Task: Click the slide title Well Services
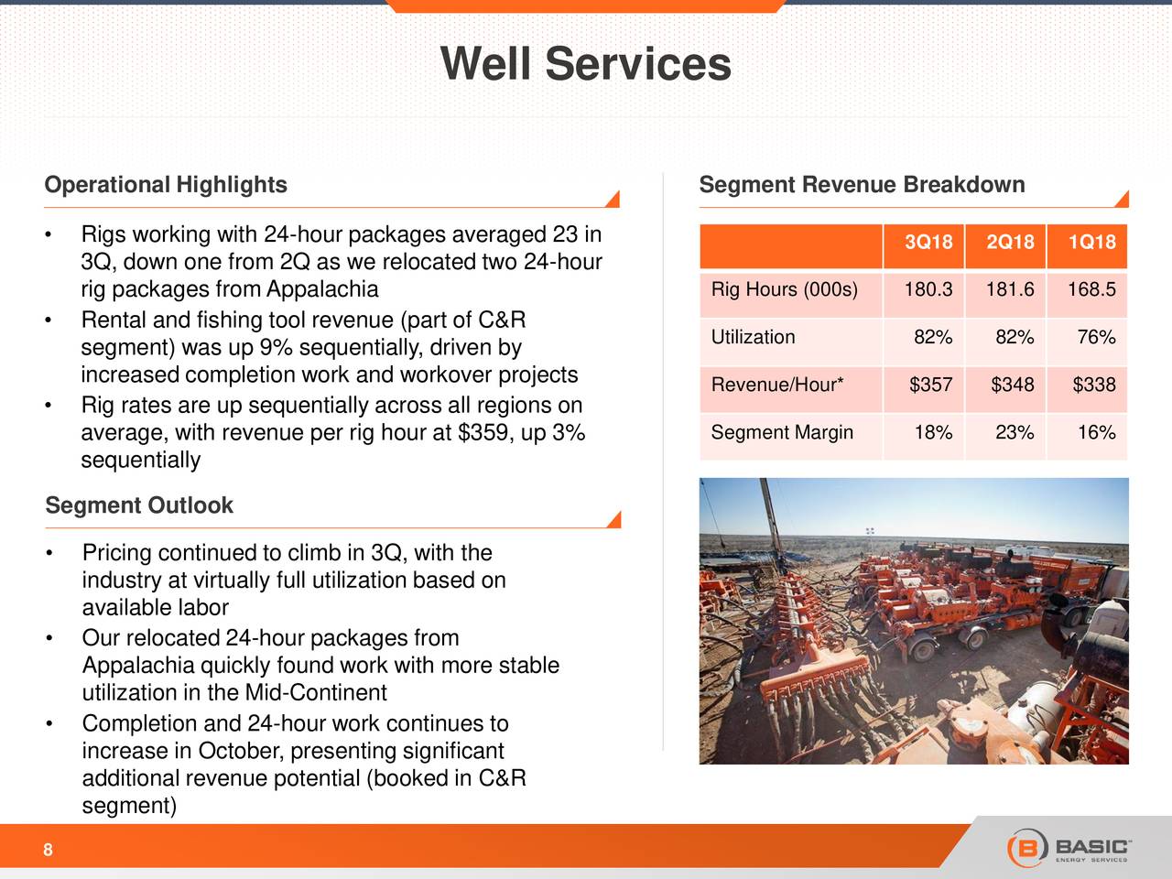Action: (x=585, y=64)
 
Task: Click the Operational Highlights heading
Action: (x=166, y=185)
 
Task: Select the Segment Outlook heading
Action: (x=139, y=505)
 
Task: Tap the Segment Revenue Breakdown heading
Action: (x=862, y=185)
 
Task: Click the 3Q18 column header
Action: (x=928, y=243)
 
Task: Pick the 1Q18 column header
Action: (x=1091, y=243)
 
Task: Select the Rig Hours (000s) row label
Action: (x=785, y=290)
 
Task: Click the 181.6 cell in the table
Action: (x=1010, y=290)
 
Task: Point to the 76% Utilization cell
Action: (x=1095, y=338)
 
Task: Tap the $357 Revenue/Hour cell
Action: (x=930, y=385)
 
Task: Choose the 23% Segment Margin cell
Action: (x=1015, y=432)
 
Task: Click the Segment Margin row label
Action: (x=782, y=432)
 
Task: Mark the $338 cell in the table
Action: (x=1093, y=385)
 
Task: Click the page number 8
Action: (x=48, y=851)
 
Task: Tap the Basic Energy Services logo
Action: (x=1069, y=847)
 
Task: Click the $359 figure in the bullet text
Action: (x=485, y=432)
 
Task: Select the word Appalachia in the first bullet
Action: (x=322, y=290)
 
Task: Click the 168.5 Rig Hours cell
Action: (x=1091, y=290)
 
